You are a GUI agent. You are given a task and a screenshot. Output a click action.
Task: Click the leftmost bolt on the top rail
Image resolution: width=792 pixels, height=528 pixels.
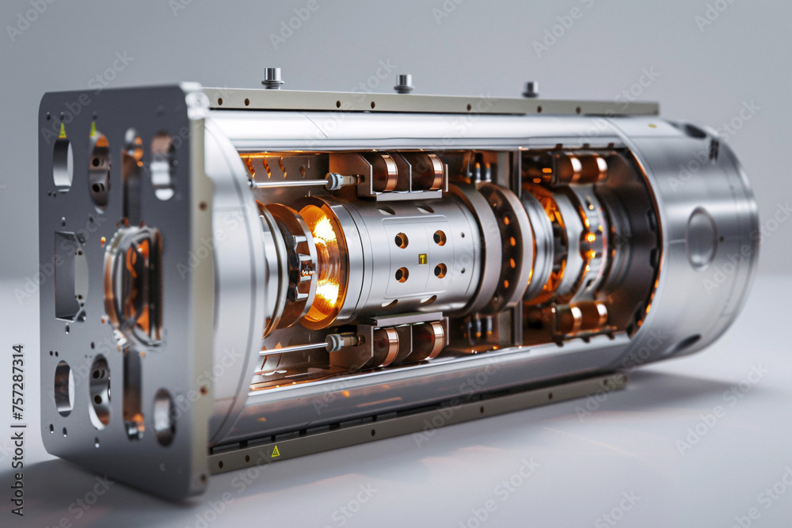272,78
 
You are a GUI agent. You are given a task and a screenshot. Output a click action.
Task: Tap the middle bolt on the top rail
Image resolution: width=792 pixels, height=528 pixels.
403,83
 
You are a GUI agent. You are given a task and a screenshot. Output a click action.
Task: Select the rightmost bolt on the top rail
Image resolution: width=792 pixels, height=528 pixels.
530,89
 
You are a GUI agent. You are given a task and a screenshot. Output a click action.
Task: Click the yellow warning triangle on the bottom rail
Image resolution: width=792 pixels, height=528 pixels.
275,451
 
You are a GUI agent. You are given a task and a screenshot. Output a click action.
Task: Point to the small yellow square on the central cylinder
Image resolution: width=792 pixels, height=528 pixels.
422,258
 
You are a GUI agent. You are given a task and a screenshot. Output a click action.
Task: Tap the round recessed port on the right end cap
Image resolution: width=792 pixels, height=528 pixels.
701,237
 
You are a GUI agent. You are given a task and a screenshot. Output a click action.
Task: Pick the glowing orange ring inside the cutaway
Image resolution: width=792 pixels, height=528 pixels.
323,262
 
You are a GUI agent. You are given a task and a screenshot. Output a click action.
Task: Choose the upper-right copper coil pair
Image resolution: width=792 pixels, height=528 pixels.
580,168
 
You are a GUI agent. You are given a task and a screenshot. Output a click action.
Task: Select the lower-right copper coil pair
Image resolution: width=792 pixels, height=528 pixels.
580,317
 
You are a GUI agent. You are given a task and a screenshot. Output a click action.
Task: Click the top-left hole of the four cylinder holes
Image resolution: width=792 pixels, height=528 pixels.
402,239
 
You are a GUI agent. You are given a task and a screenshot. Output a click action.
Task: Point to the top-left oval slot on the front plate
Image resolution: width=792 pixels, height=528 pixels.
62,164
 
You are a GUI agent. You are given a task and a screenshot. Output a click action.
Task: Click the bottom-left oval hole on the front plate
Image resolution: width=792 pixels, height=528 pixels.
63,388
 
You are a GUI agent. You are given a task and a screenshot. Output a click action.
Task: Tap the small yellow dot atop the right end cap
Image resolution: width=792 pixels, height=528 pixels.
652,125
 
